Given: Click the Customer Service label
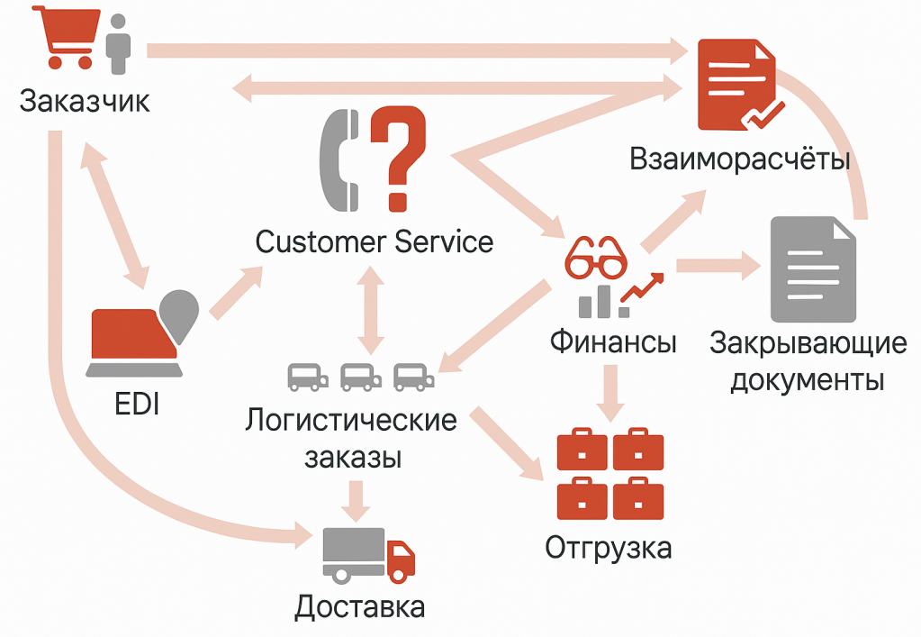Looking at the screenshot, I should click(x=374, y=241).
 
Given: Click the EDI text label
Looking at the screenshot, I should click(x=137, y=405).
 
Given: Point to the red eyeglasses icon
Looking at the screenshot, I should click(x=594, y=258).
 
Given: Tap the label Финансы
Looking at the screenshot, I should click(x=613, y=341).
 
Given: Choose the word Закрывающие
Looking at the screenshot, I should click(x=807, y=343).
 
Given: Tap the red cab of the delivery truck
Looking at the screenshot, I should click(x=400, y=559).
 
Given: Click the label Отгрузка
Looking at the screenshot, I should click(x=609, y=547).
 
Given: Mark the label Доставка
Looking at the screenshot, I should click(x=359, y=606).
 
